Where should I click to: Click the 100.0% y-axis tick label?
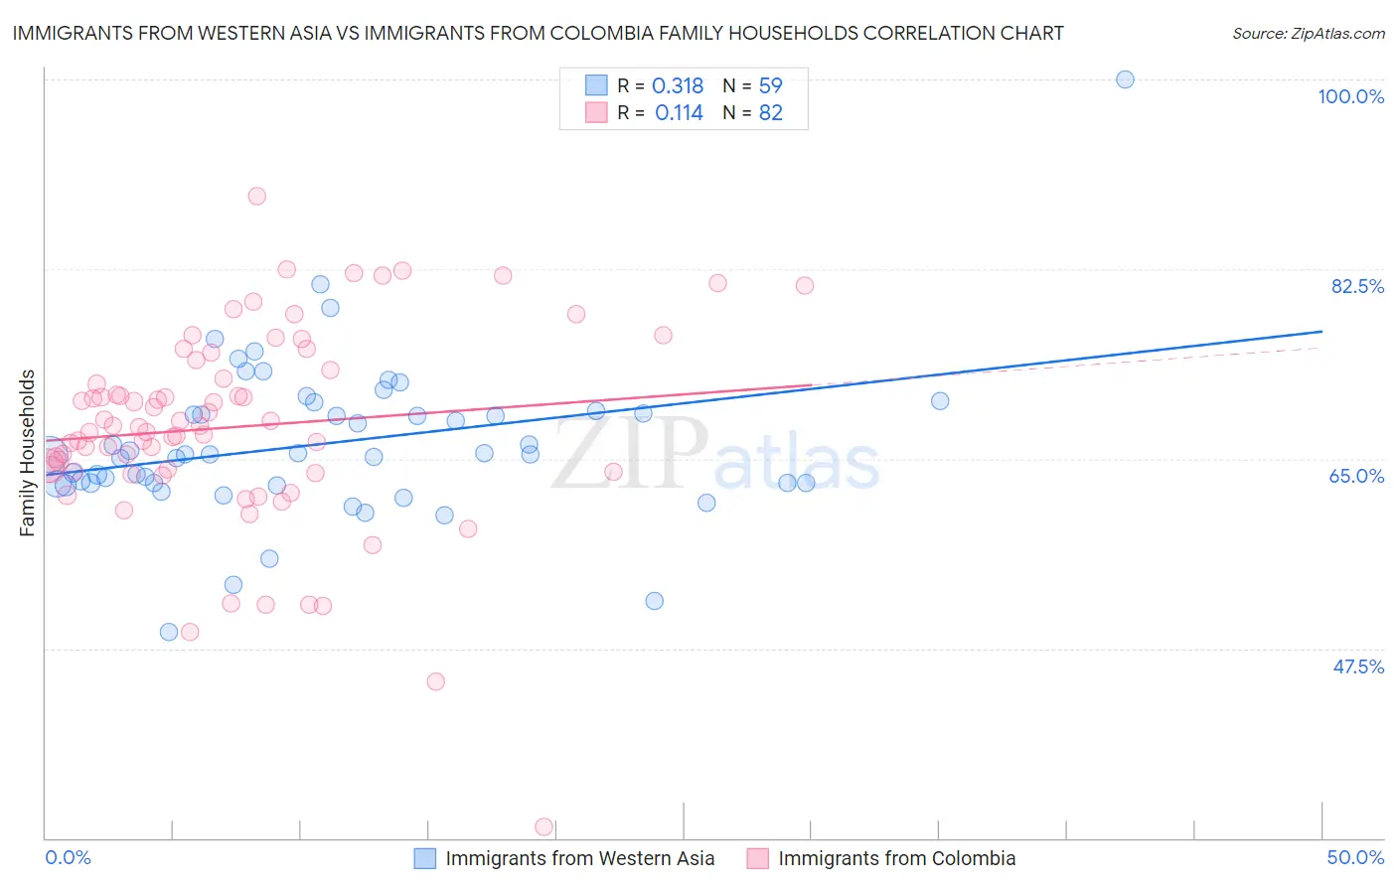click(x=1350, y=96)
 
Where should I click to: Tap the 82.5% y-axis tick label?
click(x=1357, y=286)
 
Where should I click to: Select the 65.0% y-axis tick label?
click(x=1356, y=476)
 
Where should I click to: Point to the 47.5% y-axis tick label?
click(x=1357, y=666)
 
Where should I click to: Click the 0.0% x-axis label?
click(x=68, y=857)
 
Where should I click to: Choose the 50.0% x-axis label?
click(x=1355, y=857)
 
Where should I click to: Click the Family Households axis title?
click(x=28, y=453)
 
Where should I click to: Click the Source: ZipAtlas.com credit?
click(x=1308, y=33)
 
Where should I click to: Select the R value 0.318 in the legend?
click(x=678, y=86)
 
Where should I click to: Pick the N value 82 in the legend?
click(x=771, y=113)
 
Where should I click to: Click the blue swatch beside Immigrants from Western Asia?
click(x=425, y=858)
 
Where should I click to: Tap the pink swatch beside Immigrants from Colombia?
click(x=758, y=858)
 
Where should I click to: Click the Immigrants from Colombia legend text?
click(x=896, y=858)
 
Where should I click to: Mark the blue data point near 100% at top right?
click(x=1125, y=79)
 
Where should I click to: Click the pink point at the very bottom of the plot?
click(x=543, y=826)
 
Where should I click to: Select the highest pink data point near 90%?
click(x=256, y=196)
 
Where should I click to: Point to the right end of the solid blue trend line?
click(x=1321, y=331)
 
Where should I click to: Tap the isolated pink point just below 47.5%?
click(x=435, y=681)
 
